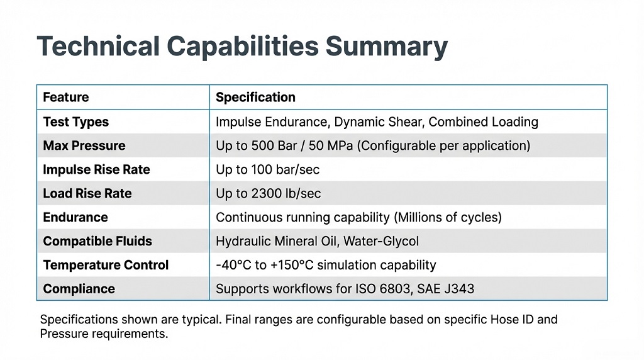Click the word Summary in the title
[x=387, y=47]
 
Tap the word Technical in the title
[x=98, y=45]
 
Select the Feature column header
[x=65, y=97]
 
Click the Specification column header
[x=255, y=97]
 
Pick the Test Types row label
[x=76, y=122]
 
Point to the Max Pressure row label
[x=84, y=145]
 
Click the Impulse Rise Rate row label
[x=96, y=170]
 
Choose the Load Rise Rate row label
[x=87, y=193]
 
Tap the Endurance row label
[x=75, y=217]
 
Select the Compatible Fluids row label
[x=97, y=241]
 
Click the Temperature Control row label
[x=106, y=265]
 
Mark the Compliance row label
[x=79, y=289]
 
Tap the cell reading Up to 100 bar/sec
[x=268, y=170]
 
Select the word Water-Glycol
[x=380, y=241]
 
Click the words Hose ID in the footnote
[x=514, y=319]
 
